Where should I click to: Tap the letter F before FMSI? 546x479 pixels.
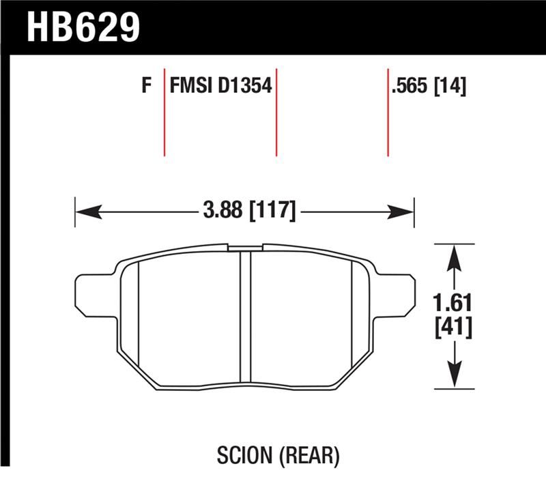[145, 87]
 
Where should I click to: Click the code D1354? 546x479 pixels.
[245, 87]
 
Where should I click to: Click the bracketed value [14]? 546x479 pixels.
[450, 87]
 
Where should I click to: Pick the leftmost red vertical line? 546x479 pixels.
[164, 112]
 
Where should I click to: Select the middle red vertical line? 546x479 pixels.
[277, 112]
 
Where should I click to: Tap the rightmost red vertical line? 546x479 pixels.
[388, 112]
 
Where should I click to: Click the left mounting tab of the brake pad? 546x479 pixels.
[92, 295]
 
